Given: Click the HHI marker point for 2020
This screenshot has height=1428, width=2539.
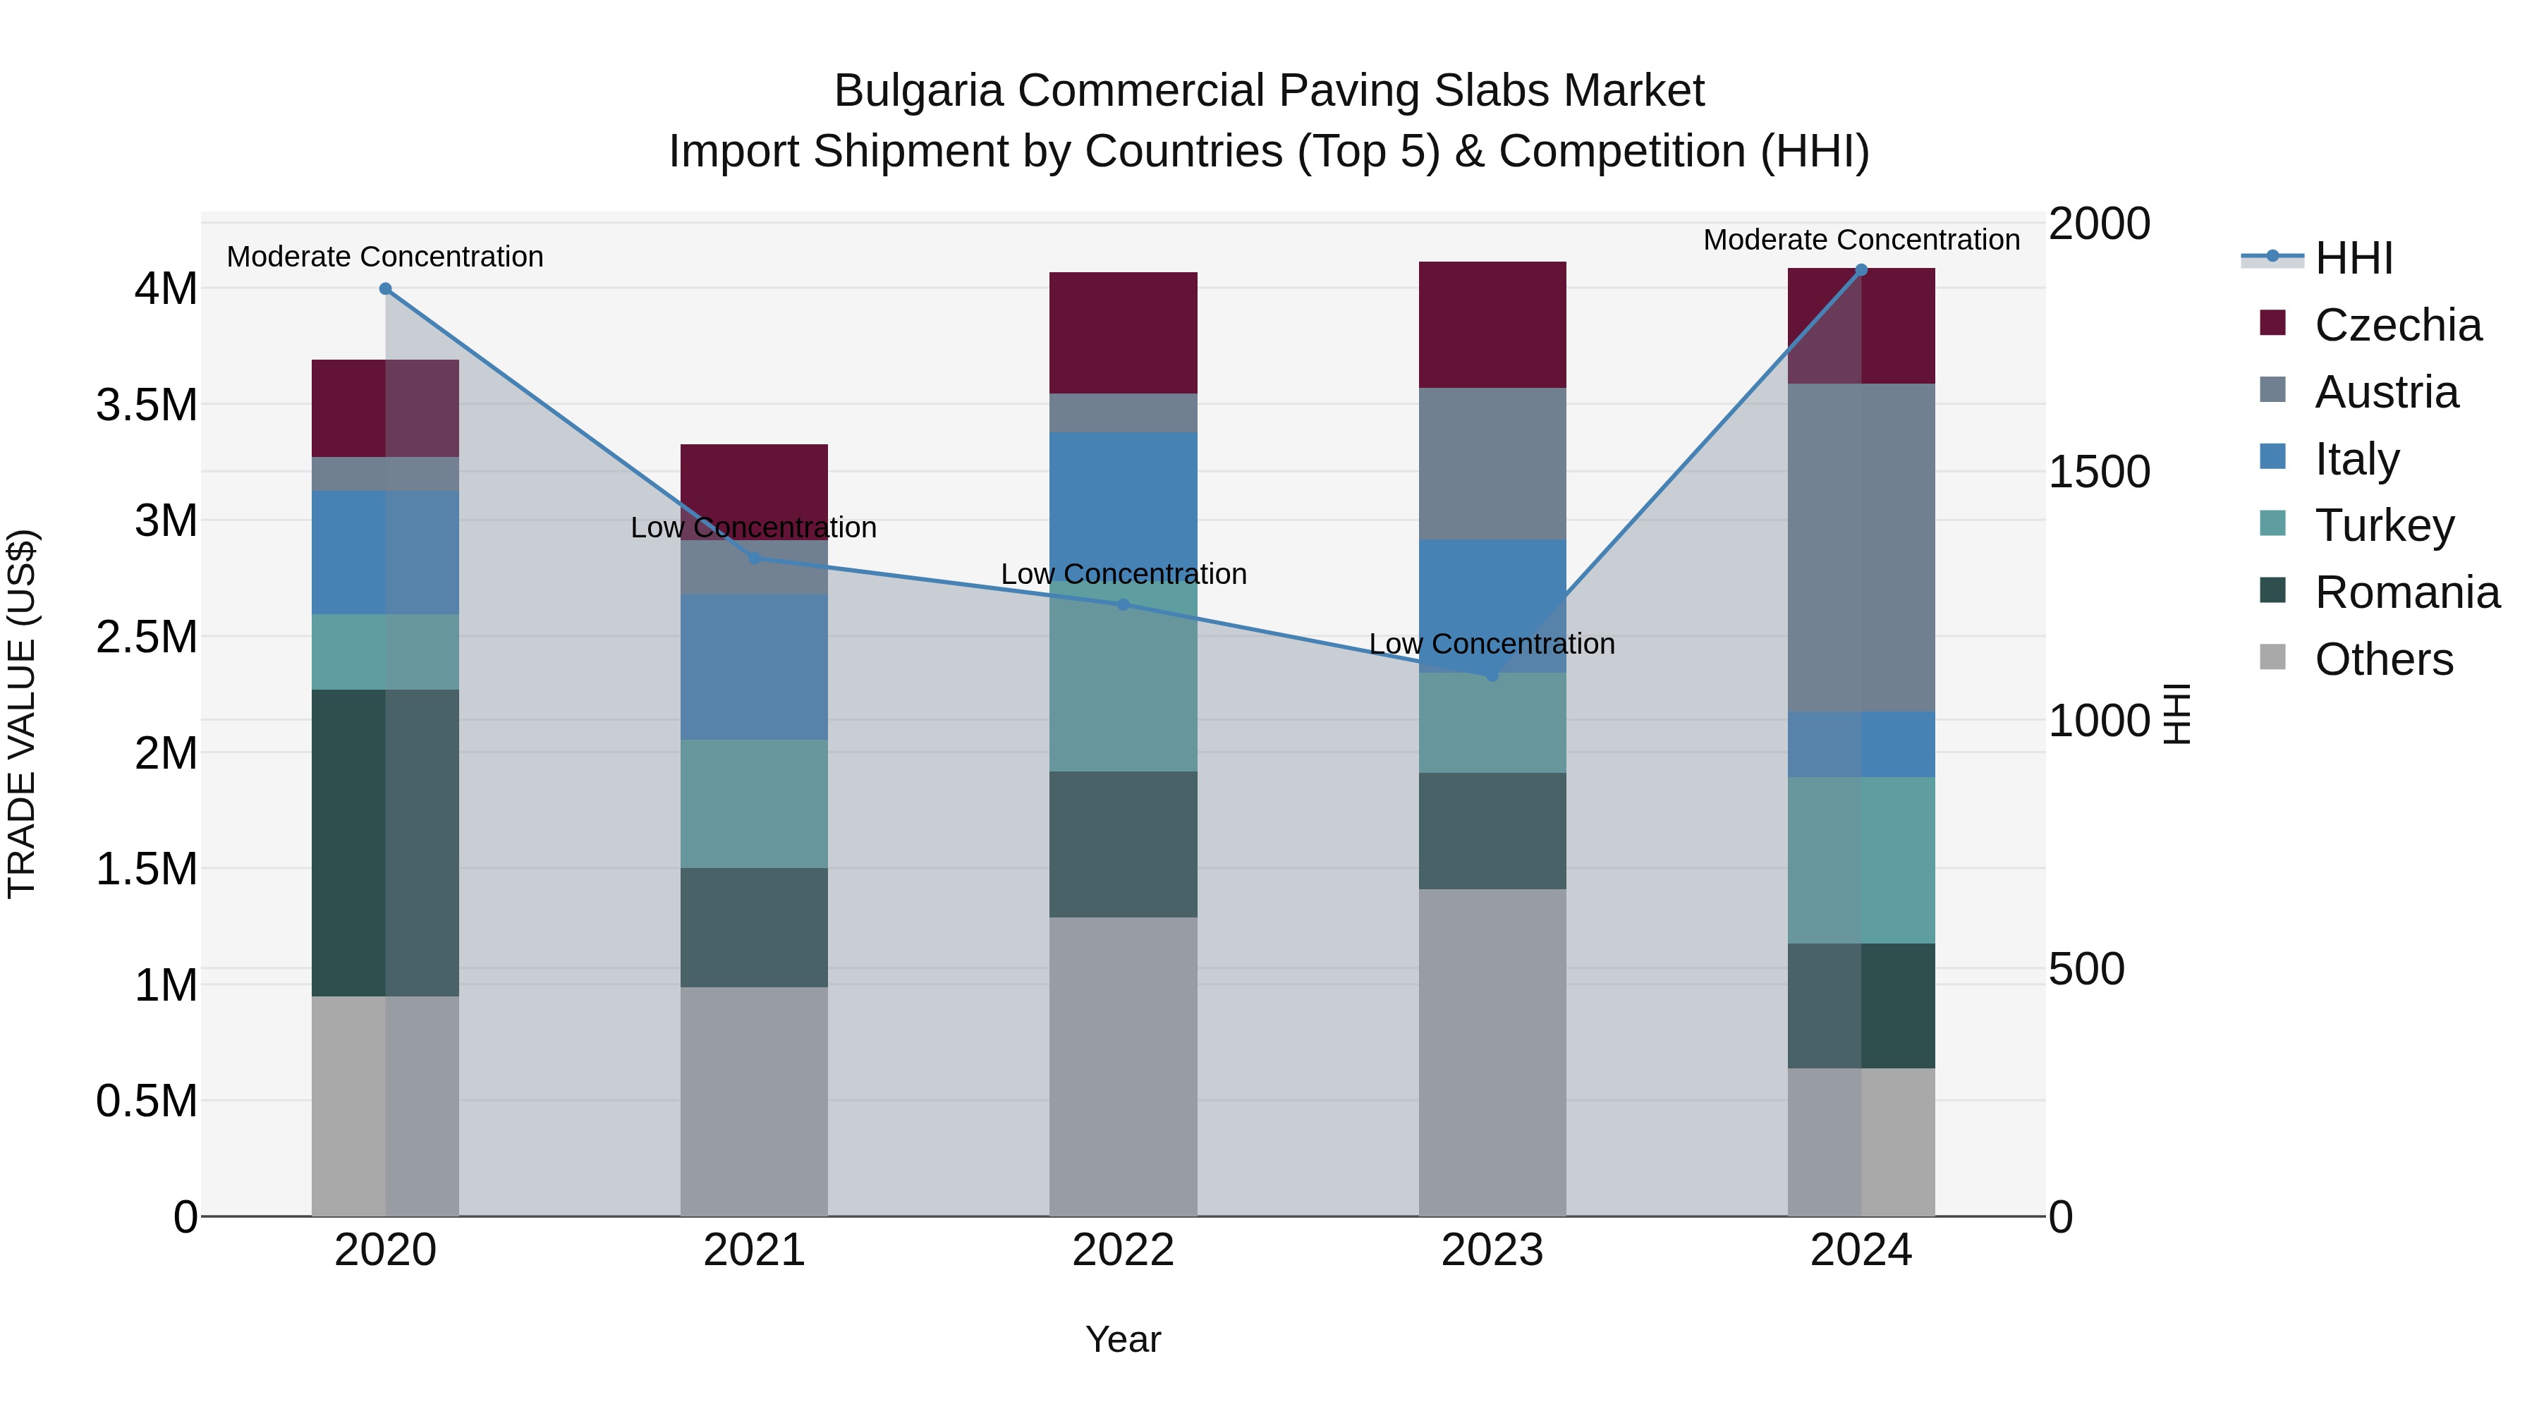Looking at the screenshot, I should point(385,288).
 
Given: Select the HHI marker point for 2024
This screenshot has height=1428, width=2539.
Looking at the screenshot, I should point(1861,270).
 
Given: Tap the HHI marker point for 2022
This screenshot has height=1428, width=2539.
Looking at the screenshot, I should point(1123,604).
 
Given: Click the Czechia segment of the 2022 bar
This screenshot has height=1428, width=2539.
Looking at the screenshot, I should point(1123,333).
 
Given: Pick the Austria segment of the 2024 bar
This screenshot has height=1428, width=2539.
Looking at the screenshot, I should point(1861,547).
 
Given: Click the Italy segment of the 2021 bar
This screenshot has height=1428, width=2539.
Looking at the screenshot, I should point(754,666).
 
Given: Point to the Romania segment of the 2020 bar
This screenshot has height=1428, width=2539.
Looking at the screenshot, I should point(385,843).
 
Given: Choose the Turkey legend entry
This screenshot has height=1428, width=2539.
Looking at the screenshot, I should point(2383,525).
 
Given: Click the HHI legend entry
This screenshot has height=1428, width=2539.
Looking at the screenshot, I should point(2351,258).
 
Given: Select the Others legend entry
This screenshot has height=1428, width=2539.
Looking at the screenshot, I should point(2382,659).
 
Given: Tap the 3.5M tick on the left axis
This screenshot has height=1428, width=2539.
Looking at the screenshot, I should point(146,405).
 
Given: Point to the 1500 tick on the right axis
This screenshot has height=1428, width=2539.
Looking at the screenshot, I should point(2098,472).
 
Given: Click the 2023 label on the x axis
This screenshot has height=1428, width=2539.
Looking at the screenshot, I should point(1491,1250).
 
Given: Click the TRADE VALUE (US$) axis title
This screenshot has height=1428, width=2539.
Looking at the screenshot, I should point(22,714).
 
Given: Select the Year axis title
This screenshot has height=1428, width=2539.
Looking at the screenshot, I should point(1123,1339).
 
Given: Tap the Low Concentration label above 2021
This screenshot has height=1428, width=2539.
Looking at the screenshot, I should point(754,527).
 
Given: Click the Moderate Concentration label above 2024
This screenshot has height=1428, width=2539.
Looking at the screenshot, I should point(1861,240).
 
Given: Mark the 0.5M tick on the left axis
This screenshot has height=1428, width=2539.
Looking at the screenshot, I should point(146,1101).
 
